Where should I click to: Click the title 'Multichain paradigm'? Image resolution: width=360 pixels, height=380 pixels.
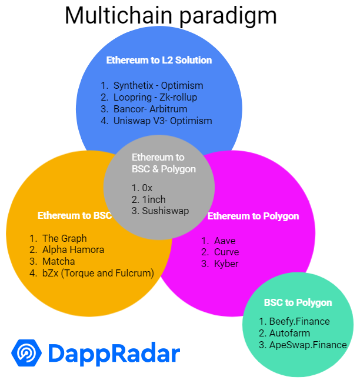tap(171, 15)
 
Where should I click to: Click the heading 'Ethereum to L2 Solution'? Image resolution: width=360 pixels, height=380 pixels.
tap(159, 60)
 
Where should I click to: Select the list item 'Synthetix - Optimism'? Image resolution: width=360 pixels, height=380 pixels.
tap(158, 85)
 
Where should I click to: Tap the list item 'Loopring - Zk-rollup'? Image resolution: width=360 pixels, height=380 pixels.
tap(155, 97)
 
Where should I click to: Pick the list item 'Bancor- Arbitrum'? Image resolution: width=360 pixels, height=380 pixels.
tap(151, 109)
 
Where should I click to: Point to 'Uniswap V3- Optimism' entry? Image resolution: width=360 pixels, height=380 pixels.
tap(162, 121)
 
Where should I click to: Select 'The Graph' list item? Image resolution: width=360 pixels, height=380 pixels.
tap(64, 238)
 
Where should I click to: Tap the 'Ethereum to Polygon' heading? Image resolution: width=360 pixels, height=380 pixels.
tap(254, 216)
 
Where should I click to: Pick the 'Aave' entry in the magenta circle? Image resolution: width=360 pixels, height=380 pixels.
tap(225, 241)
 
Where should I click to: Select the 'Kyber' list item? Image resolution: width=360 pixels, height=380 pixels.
tap(226, 264)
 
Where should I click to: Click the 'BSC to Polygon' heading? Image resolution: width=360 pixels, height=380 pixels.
tap(298, 303)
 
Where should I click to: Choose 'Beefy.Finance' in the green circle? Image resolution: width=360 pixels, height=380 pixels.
tap(299, 321)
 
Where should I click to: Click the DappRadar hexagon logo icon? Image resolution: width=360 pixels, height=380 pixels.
tap(26, 353)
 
